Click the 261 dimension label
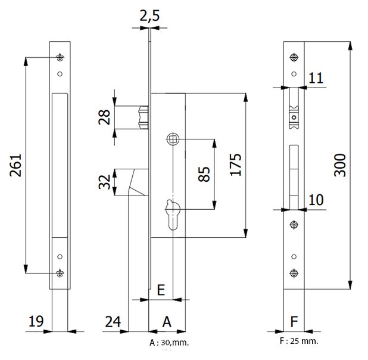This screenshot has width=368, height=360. [x=16, y=166]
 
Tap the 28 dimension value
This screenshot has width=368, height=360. [x=105, y=117]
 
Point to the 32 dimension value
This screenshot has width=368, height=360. [x=105, y=182]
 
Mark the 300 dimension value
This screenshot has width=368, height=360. [x=339, y=162]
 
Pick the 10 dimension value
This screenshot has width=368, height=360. [x=317, y=200]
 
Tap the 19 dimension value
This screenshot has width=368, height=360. [x=36, y=322]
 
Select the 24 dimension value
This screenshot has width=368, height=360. [x=113, y=322]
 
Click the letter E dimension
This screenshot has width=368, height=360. [x=160, y=290]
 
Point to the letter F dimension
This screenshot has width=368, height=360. [x=293, y=322]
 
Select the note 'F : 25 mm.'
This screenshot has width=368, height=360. [x=298, y=341]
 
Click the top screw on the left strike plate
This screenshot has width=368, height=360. [x=60, y=57]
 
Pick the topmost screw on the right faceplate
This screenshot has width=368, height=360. [x=293, y=57]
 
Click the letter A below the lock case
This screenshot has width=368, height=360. [x=167, y=321]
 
